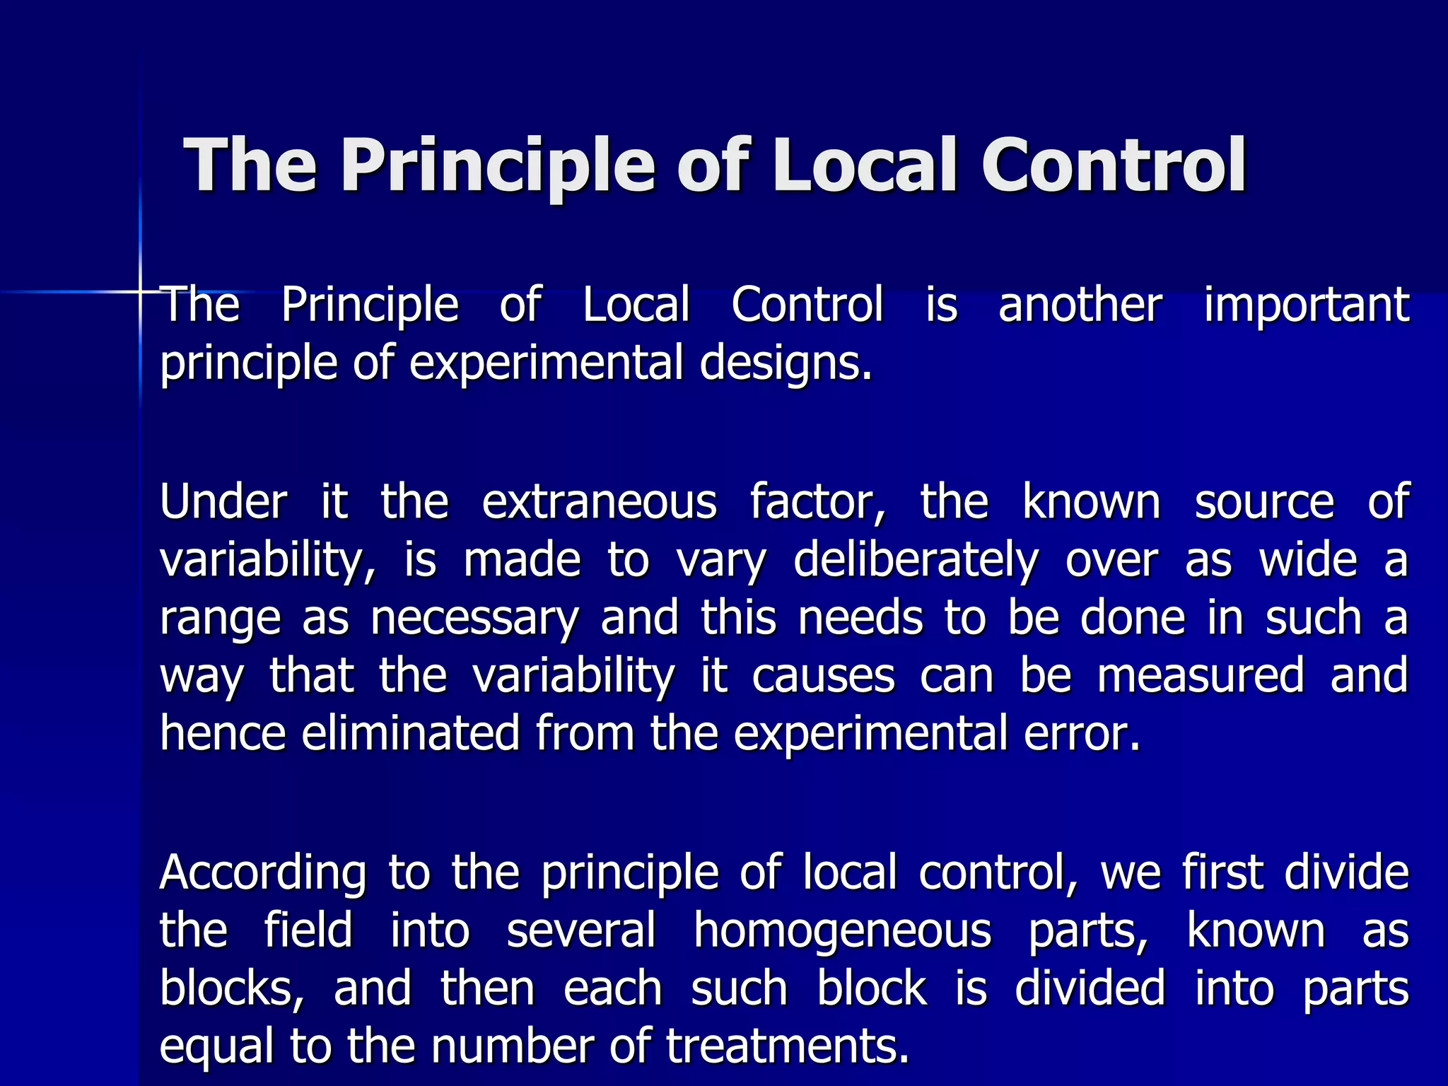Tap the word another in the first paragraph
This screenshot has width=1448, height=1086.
tap(1080, 305)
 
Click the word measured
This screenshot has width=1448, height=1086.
tap(1200, 675)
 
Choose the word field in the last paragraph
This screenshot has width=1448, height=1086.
tap(308, 930)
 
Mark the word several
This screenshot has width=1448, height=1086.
tap(581, 930)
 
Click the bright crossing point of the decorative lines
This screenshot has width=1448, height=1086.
tap(140, 291)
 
